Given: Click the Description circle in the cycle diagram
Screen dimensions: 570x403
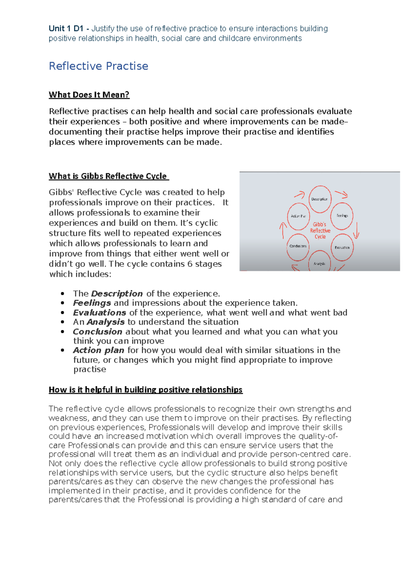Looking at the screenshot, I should click(320, 199).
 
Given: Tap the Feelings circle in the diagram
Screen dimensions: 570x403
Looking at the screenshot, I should click(342, 216).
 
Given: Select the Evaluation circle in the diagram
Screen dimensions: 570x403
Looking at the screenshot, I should click(342, 247).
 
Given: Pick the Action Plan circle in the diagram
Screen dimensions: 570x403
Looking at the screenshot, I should click(298, 216).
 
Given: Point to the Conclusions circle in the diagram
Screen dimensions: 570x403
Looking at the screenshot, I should click(298, 246).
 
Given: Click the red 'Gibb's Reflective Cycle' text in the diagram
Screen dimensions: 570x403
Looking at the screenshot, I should click(320, 230).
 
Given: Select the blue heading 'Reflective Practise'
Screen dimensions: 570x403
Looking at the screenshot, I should click(98, 66).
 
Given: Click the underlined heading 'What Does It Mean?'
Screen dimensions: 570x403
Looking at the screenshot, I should click(89, 95).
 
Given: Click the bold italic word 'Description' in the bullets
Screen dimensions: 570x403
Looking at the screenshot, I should click(117, 293).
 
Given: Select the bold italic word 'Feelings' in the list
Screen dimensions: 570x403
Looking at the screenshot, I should click(92, 303).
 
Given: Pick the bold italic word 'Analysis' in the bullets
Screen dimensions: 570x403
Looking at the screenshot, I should click(105, 322).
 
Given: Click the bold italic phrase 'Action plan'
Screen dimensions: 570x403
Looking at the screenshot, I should click(99, 350).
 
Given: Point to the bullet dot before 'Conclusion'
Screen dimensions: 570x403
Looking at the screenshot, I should click(62, 332).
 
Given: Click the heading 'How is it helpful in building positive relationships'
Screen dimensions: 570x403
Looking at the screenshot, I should click(145, 390).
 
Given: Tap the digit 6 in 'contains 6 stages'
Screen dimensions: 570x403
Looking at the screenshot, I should click(190, 264).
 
